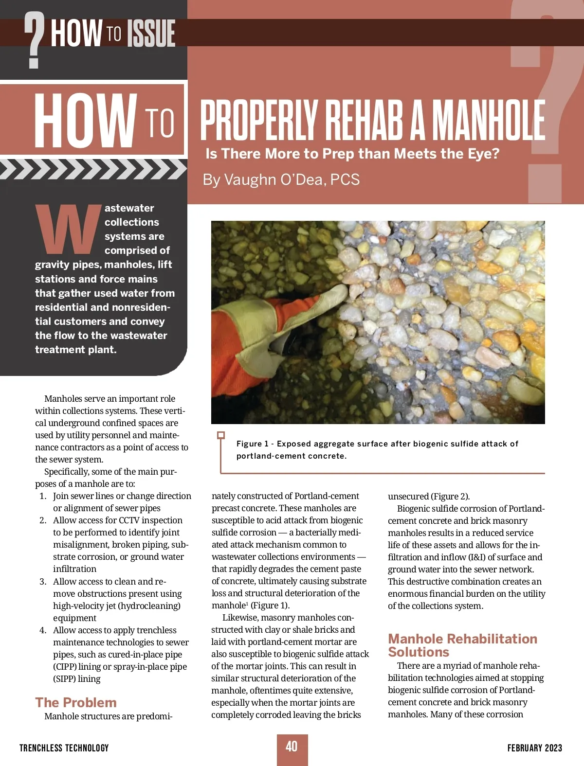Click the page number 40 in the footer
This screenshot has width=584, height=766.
292,747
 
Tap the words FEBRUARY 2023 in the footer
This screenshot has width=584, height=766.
534,748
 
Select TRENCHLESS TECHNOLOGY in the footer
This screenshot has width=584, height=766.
64,748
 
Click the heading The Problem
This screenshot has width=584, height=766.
76,702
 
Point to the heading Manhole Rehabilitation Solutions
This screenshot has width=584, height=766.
462,645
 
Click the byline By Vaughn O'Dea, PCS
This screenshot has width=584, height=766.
281,179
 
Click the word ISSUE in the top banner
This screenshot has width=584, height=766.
150,34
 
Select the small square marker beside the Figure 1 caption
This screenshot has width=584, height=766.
221,435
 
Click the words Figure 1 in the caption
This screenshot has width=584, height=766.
252,444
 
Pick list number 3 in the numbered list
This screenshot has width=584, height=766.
43,581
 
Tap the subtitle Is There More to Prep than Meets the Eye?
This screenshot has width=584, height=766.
352,154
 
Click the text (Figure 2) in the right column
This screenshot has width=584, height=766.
450,496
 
